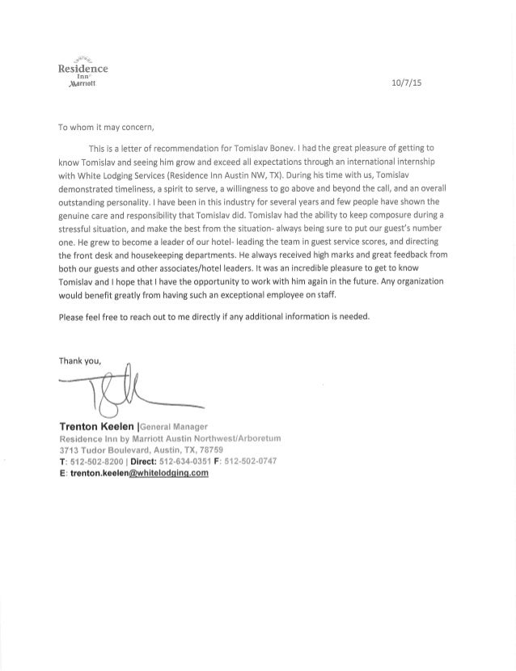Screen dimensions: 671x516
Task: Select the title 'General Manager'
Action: coord(175,426)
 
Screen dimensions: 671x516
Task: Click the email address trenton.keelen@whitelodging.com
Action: coord(141,475)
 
